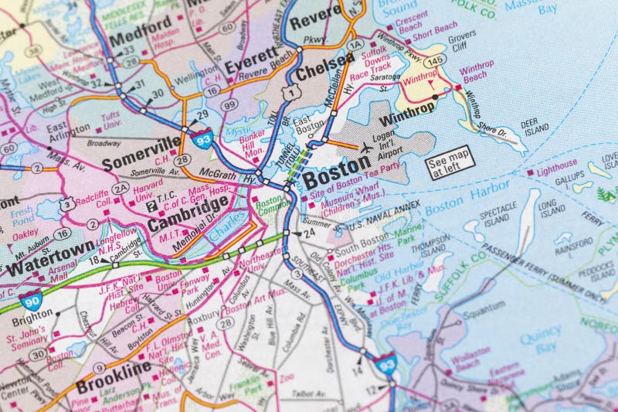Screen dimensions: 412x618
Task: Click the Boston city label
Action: pos(336,167)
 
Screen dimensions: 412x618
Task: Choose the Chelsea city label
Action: pos(321,73)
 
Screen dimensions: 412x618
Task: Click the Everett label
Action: pos(250,59)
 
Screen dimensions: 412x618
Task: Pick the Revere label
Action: pos(316,13)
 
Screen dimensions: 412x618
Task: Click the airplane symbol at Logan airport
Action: pos(365,146)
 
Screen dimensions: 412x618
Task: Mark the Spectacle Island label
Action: pos(497,213)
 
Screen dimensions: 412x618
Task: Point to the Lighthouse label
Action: pos(556,164)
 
